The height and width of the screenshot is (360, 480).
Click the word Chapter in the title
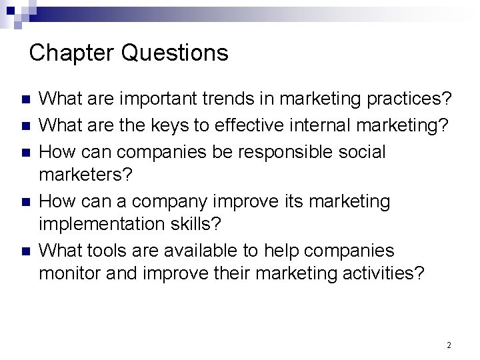pyautogui.click(x=72, y=53)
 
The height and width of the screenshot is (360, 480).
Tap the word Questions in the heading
pyautogui.click(x=175, y=53)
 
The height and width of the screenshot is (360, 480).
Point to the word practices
pyautogui.click(x=410, y=99)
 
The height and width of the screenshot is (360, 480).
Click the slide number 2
pyautogui.click(x=449, y=345)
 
